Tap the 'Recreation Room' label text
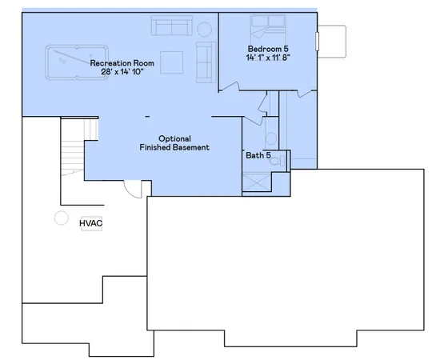pyautogui.click(x=121, y=62)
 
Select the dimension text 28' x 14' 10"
pyautogui.click(x=121, y=72)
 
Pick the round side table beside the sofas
pyautogui.click(x=204, y=30)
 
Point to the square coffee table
pyautogui.click(x=171, y=62)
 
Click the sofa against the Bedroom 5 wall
pyautogui.click(x=203, y=62)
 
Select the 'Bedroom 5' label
pyautogui.click(x=267, y=50)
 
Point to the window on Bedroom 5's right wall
pyautogui.click(x=317, y=40)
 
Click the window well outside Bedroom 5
pyautogui.click(x=333, y=40)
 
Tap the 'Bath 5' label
pyautogui.click(x=258, y=155)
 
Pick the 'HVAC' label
pyautogui.click(x=91, y=223)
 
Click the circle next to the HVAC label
pyautogui.click(x=59, y=217)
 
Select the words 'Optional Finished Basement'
pyautogui.click(x=174, y=142)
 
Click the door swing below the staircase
pyautogui.click(x=134, y=190)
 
